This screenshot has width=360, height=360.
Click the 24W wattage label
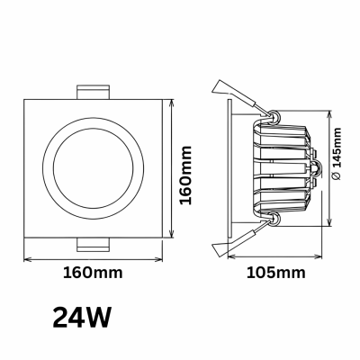pos(82,318)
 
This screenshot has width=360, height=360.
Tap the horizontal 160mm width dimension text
pos(93,273)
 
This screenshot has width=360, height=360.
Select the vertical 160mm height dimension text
pos(185,175)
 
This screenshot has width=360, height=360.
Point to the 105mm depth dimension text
pos(276,273)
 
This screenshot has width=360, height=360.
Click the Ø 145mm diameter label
pos(337,154)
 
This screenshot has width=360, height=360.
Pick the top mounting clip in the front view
pos(93,92)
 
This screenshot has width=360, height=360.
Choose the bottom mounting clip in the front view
pos(93,245)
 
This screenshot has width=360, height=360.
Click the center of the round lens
pos(93,168)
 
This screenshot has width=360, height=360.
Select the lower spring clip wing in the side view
pos(237,241)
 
